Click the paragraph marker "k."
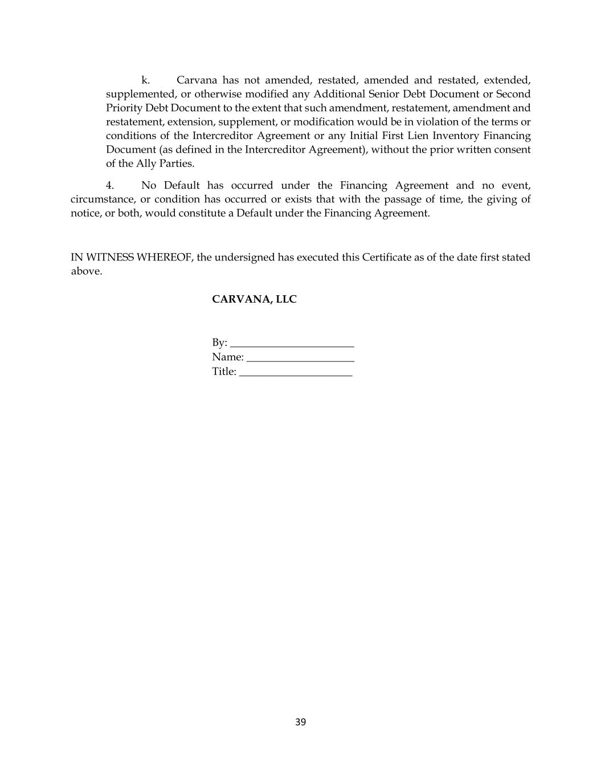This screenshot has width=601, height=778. [x=145, y=80]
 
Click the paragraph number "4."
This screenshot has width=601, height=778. [x=110, y=186]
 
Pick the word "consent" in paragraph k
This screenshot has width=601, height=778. [x=512, y=149]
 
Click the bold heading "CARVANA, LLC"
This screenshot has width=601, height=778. [x=254, y=299]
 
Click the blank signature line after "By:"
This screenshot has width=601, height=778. [x=292, y=344]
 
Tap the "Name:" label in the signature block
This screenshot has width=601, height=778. [x=227, y=357]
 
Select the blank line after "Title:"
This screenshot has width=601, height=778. [x=296, y=372]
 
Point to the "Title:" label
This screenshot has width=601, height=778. [x=224, y=372]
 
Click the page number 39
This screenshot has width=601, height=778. [x=301, y=722]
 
